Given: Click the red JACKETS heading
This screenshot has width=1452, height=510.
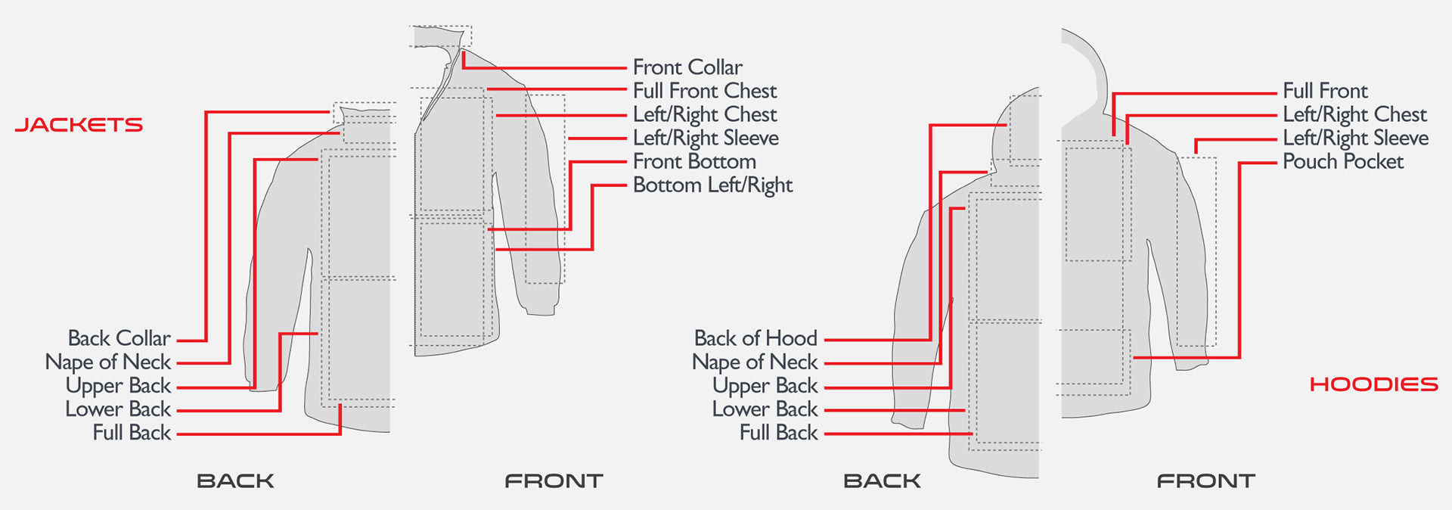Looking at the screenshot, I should [79, 125].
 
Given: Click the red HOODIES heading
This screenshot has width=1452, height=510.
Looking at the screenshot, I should [1373, 384].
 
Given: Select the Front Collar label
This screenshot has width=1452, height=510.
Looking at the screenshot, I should [687, 67].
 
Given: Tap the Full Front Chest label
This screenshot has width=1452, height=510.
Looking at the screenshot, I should [705, 91].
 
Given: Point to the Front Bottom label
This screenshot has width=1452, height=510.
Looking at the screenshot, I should [694, 161].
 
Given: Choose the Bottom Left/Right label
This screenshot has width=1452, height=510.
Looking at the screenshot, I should [712, 185].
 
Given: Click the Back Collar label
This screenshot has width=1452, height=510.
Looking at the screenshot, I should [119, 338].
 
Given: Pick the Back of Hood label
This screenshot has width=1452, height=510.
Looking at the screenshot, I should [755, 338].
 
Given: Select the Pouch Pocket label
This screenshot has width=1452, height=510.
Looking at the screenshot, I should [1343, 161].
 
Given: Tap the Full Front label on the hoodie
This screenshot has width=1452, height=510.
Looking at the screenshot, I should [1325, 91].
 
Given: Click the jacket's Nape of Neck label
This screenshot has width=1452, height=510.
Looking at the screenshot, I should [108, 362].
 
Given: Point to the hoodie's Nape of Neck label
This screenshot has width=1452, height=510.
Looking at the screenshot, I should [755, 362].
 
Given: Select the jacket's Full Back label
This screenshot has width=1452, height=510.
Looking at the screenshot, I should [132, 433].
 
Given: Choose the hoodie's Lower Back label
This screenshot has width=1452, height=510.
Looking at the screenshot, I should [765, 409].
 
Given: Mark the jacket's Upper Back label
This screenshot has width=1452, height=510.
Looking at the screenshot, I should [118, 386].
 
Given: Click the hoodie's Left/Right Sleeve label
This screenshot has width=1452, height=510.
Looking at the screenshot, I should [1355, 138].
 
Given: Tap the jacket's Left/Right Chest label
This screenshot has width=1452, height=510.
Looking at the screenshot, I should [705, 114].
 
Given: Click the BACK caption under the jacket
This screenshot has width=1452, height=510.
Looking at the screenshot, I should [235, 480].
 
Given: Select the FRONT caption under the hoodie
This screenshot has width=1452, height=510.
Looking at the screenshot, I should [1205, 480].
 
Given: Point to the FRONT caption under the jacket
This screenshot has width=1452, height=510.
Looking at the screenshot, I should [554, 480].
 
